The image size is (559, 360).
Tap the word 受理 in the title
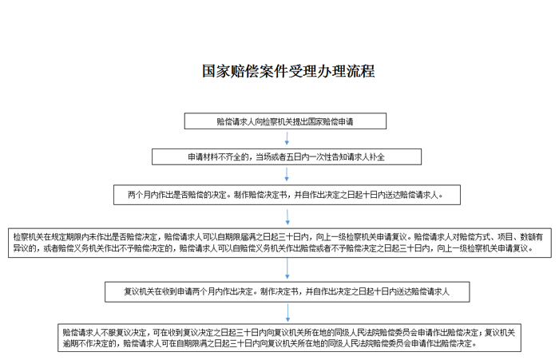click(x=303, y=71)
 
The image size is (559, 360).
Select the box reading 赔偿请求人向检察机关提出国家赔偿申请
click(x=285, y=121)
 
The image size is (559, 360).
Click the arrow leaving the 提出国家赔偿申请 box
click(x=287, y=138)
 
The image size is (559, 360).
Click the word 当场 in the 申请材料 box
click(x=263, y=157)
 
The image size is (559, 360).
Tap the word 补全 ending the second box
click(x=377, y=157)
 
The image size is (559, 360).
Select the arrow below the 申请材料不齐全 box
click(x=287, y=174)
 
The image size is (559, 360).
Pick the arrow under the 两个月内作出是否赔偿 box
click(x=287, y=216)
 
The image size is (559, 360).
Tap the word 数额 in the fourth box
click(x=528, y=236)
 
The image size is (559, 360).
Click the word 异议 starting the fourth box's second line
click(x=21, y=248)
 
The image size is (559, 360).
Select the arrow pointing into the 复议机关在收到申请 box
click(x=287, y=268)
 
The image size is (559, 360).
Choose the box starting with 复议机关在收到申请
click(x=287, y=292)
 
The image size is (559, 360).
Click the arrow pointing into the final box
click(x=287, y=313)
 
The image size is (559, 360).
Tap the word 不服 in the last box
click(x=109, y=333)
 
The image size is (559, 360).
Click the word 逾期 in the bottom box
click(x=70, y=343)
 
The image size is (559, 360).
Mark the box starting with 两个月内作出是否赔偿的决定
click(x=287, y=195)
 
